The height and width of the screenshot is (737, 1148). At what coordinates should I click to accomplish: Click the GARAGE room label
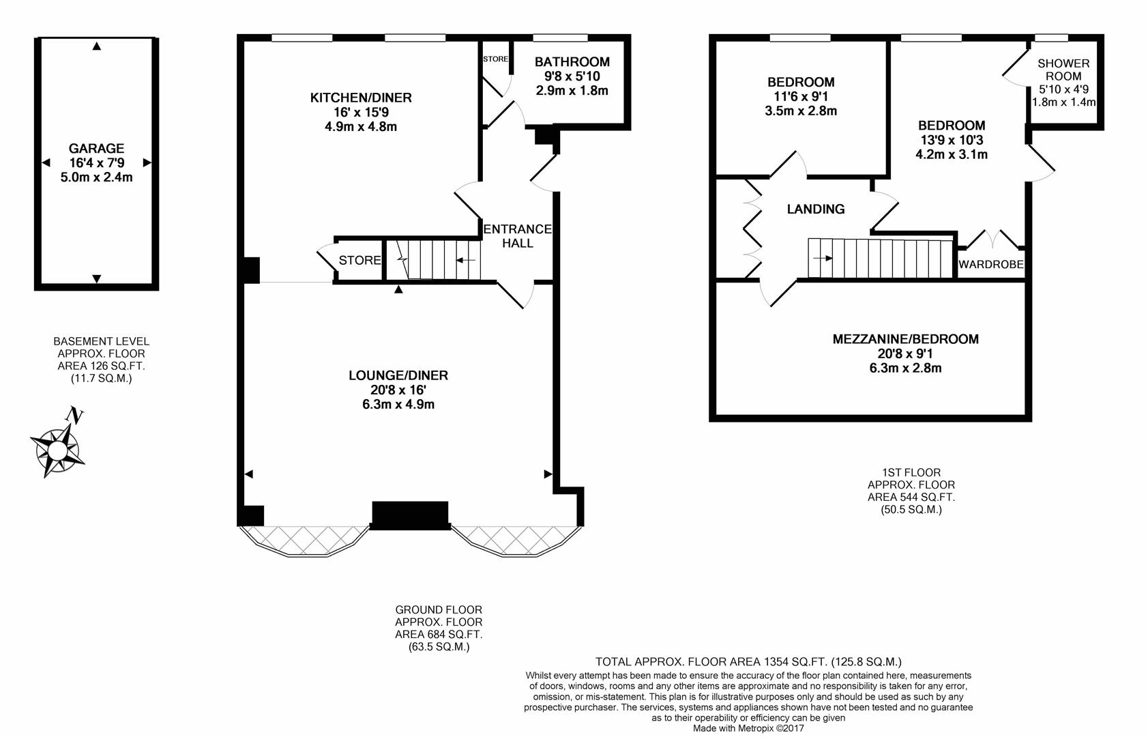[96, 148]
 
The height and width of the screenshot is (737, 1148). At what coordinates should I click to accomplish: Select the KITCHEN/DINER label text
[361, 98]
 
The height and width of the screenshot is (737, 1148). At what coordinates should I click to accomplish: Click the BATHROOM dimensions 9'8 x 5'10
[572, 76]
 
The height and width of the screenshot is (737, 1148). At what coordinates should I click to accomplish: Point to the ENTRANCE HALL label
[517, 236]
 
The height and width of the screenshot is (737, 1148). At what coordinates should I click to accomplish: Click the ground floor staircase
[433, 259]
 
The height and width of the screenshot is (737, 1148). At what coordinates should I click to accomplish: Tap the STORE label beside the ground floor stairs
[359, 260]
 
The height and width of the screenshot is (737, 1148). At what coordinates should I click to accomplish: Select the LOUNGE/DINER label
[398, 375]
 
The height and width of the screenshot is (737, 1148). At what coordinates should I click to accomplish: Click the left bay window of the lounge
[306, 540]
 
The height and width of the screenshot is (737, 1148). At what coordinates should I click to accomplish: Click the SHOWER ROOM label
[1063, 70]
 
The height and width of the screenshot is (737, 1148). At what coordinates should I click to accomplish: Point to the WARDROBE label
[990, 264]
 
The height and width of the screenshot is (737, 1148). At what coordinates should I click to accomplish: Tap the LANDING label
[815, 209]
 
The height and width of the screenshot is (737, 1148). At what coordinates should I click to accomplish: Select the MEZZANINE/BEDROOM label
[905, 339]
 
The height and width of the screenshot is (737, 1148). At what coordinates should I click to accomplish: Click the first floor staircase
[880, 258]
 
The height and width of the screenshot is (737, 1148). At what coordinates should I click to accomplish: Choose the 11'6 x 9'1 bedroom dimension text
[800, 96]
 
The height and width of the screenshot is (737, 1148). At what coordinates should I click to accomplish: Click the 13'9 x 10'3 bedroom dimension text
[951, 140]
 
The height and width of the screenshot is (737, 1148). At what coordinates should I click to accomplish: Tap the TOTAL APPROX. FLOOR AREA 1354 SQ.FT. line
[748, 661]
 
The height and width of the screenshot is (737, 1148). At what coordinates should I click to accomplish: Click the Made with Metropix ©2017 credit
[748, 728]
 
